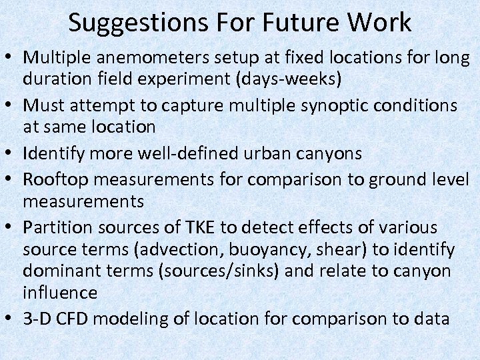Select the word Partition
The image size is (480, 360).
pyautogui.click(x=57, y=227)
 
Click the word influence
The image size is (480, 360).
pyautogui.click(x=60, y=293)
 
